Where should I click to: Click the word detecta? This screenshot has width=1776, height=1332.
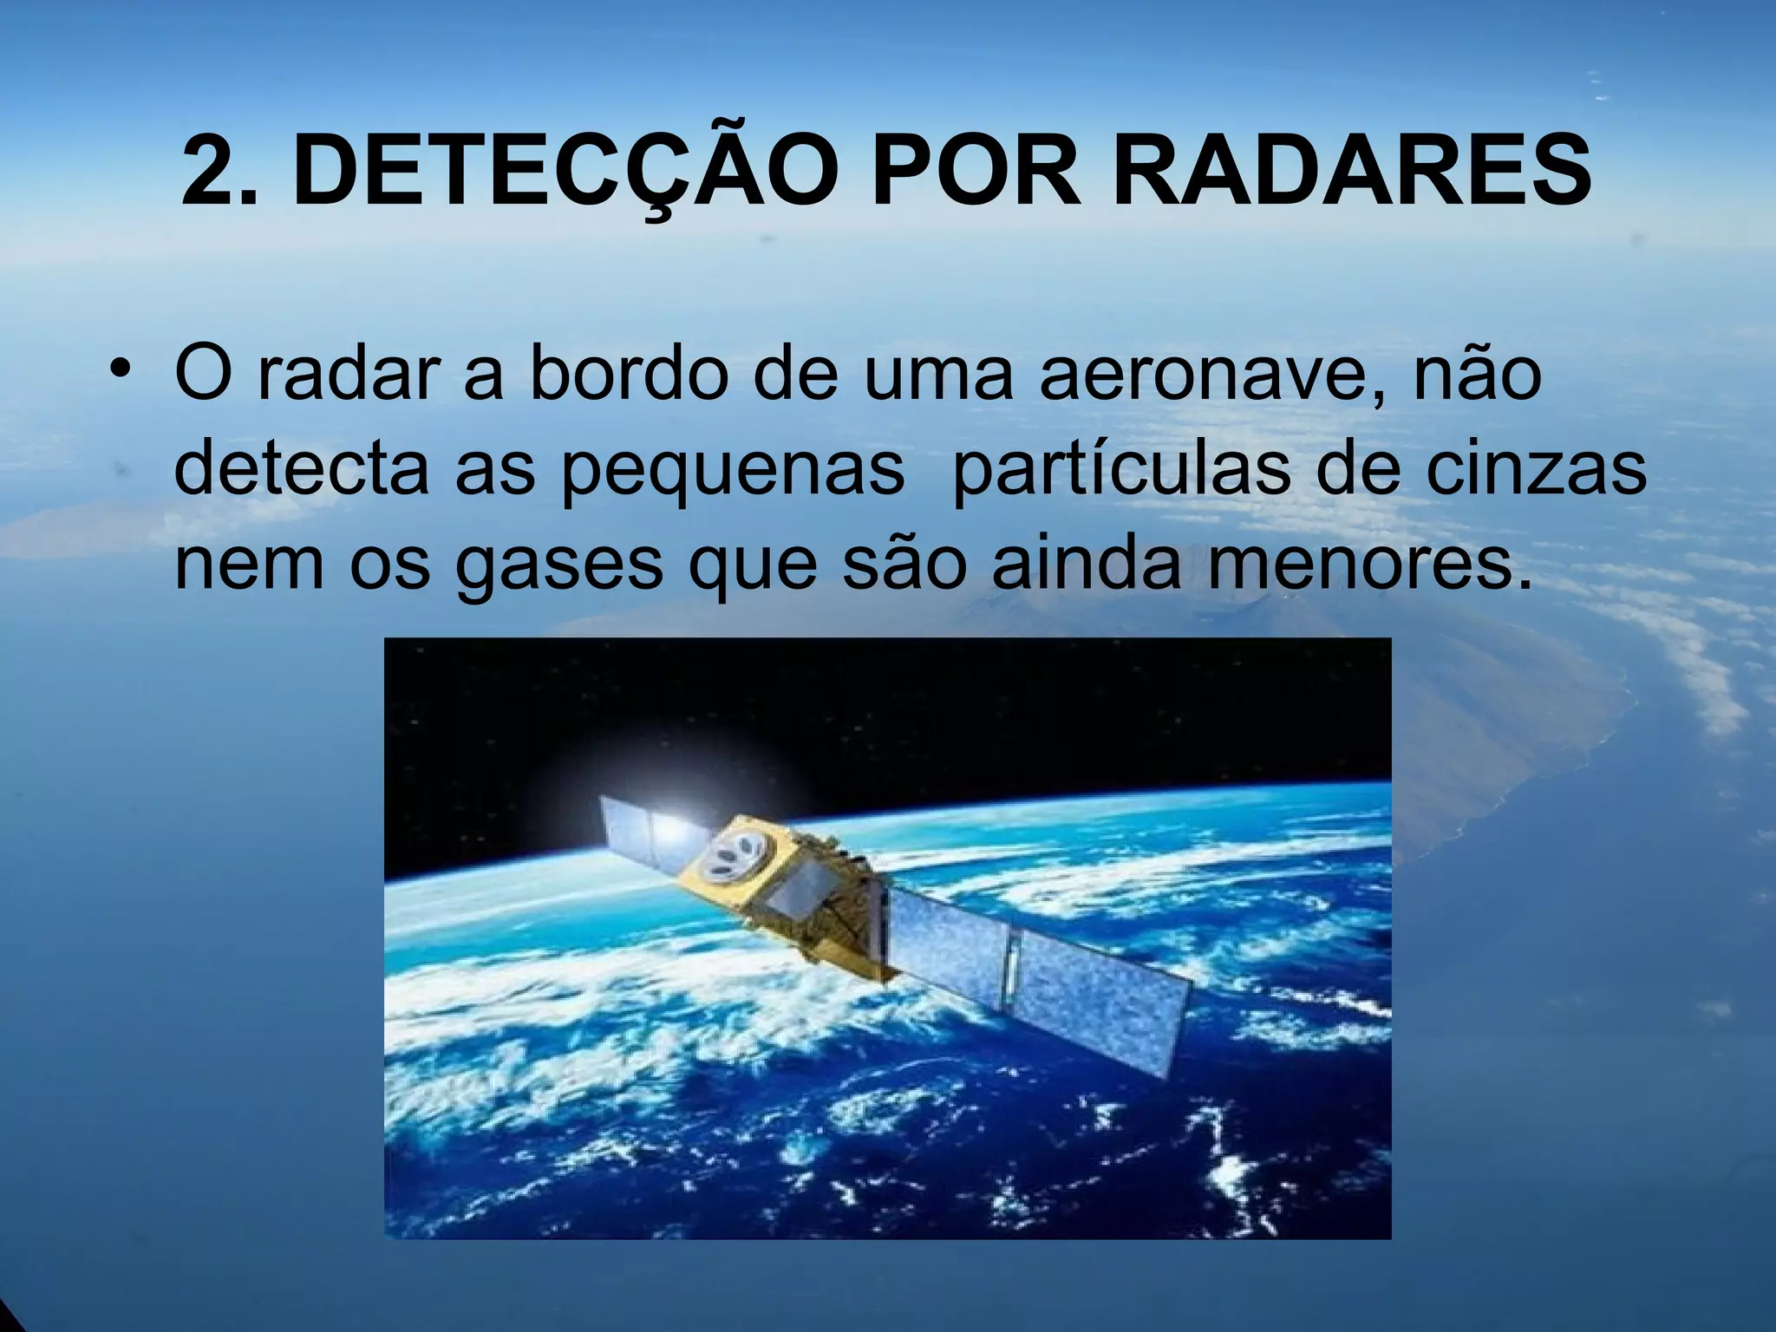(x=300, y=468)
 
